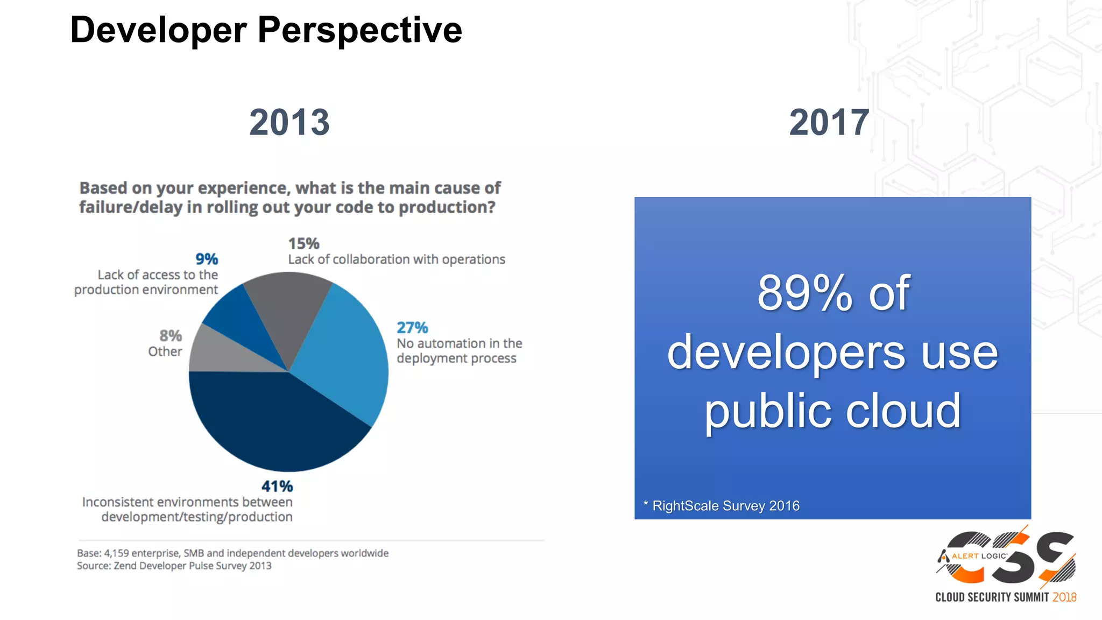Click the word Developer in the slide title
tap(158, 30)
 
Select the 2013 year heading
tap(289, 123)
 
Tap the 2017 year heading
tap(829, 123)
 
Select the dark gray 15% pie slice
tap(288, 312)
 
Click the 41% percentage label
tap(277, 487)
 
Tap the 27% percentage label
tap(412, 328)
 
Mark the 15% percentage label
tap(303, 244)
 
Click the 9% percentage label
tap(207, 259)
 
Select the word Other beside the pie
tap(165, 352)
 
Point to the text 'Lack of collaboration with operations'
tap(397, 260)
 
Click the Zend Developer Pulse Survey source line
tap(174, 566)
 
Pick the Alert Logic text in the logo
tap(979, 556)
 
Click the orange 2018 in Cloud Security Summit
tap(1064, 597)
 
